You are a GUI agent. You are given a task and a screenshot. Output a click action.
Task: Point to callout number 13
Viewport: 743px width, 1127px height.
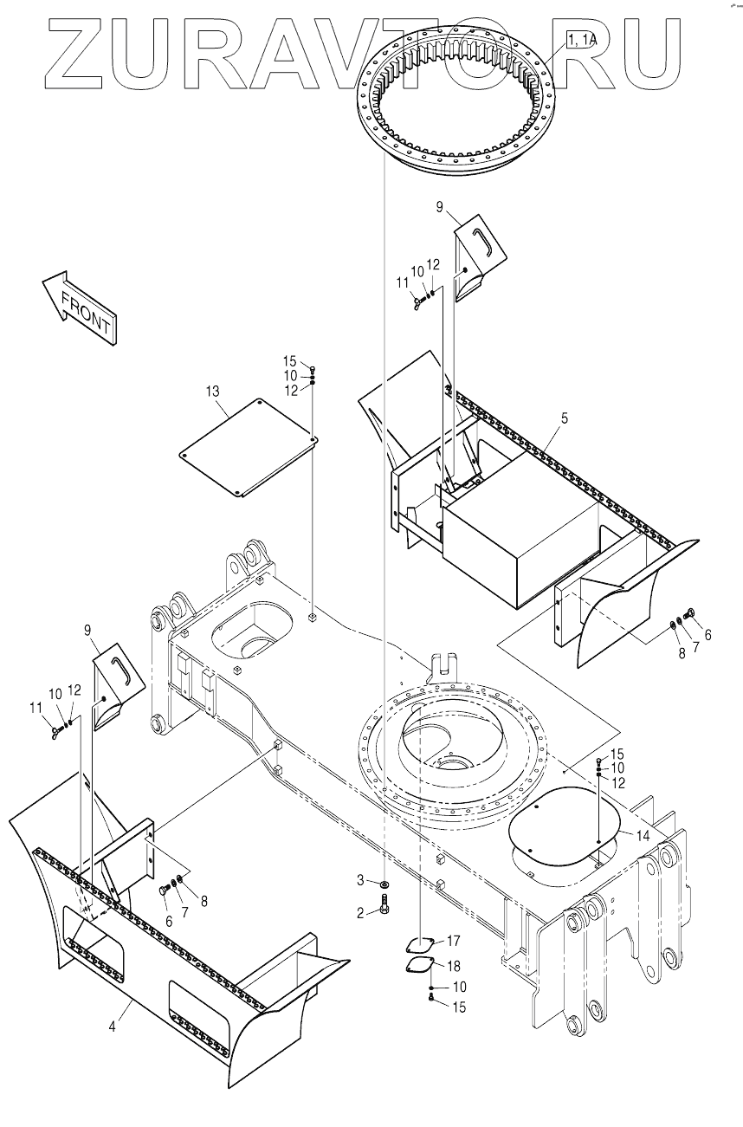[x=213, y=392]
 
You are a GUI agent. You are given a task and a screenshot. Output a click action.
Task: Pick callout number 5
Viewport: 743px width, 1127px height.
[x=564, y=418]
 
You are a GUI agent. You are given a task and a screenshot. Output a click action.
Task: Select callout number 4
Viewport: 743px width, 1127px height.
[x=113, y=1027]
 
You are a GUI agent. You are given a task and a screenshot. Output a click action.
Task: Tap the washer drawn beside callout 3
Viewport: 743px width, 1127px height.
[x=384, y=884]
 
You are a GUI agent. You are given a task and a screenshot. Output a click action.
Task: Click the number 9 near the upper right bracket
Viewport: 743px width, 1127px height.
[x=439, y=207]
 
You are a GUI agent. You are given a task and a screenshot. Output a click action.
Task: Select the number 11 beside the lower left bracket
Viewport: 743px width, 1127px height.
[x=36, y=708]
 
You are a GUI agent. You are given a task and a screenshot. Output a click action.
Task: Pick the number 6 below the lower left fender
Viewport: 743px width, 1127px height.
[x=169, y=921]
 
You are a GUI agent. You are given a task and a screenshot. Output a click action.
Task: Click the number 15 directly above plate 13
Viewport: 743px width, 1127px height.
[x=289, y=360]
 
